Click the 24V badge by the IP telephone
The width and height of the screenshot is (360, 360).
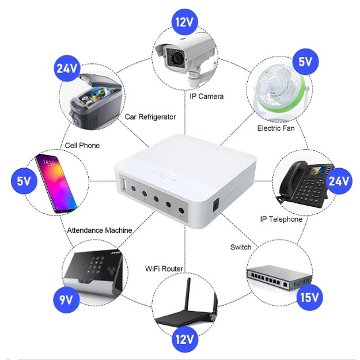tap(338, 181)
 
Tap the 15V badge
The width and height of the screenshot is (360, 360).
tap(309, 298)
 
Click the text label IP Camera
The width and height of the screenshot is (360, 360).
tap(206, 96)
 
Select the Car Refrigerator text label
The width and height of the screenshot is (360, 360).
tap(150, 117)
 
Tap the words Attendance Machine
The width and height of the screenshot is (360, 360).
tap(100, 230)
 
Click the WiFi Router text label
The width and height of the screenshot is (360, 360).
tap(164, 269)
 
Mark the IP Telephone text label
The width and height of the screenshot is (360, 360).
tap(281, 219)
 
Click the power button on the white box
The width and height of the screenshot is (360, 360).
tap(164, 174)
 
